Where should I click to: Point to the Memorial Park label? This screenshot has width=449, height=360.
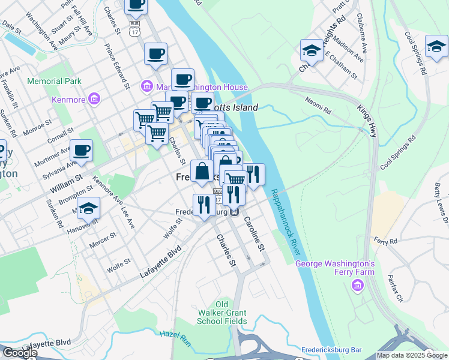(x=53, y=81)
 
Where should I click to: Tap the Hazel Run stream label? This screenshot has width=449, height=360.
(x=175, y=338)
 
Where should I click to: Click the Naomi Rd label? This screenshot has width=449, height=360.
(x=318, y=106)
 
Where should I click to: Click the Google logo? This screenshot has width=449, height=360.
(x=19, y=353)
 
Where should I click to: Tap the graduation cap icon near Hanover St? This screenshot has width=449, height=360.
(x=88, y=208)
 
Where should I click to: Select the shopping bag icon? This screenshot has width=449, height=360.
(x=203, y=172)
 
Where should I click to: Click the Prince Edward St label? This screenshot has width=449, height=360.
(x=118, y=65)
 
